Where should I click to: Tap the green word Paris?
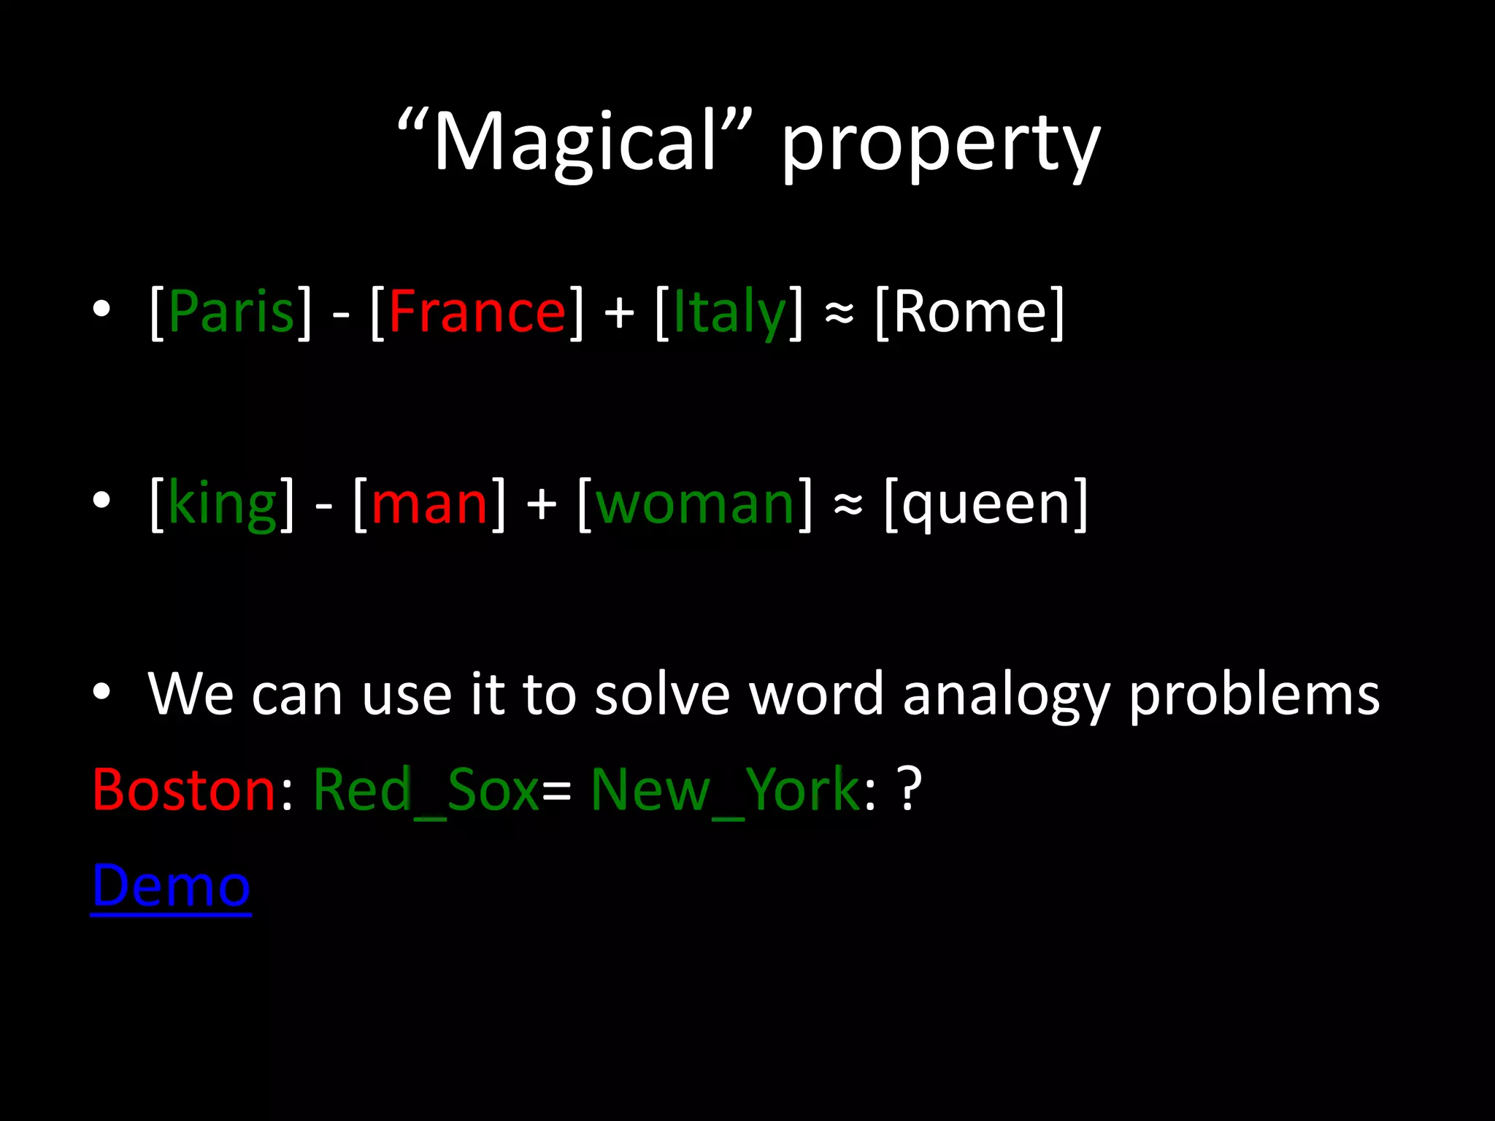tap(231, 312)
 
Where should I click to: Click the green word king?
tap(223, 504)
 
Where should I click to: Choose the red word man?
tap(429, 504)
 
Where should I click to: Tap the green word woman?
tap(694, 504)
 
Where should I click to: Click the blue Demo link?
tap(171, 885)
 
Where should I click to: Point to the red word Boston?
tap(183, 790)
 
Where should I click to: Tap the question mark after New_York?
tap(910, 790)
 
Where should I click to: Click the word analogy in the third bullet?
tap(1006, 696)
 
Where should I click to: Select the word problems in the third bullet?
tap(1254, 696)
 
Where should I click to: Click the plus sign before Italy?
tap(619, 313)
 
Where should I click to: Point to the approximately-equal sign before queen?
tap(848, 504)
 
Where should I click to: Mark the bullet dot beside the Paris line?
tap(101, 309)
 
